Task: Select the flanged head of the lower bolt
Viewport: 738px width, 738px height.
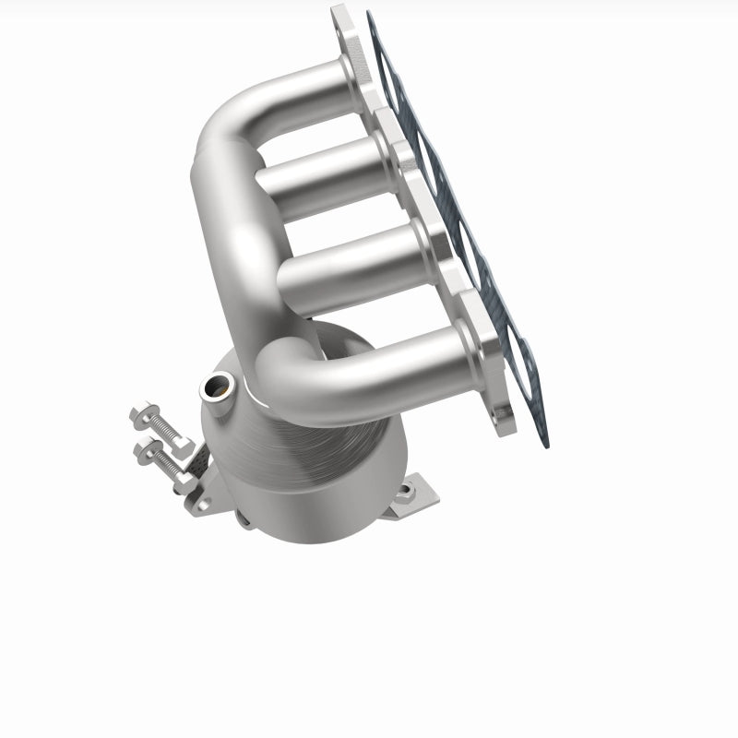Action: point(146,452)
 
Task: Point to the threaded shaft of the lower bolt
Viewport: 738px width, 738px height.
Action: point(166,462)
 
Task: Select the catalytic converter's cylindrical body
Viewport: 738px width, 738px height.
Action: point(304,461)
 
